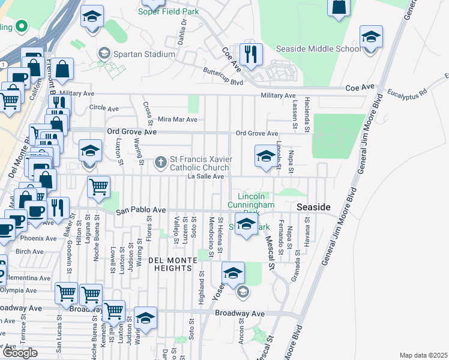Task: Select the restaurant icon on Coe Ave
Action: tap(251, 54)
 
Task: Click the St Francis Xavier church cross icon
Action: tap(160, 161)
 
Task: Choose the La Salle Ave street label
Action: tap(205, 176)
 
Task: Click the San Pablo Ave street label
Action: tap(140, 211)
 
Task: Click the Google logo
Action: tap(20, 353)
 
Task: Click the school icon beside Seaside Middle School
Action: tap(371, 38)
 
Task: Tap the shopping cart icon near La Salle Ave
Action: tap(98, 187)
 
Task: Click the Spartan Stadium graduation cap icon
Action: tap(103, 54)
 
